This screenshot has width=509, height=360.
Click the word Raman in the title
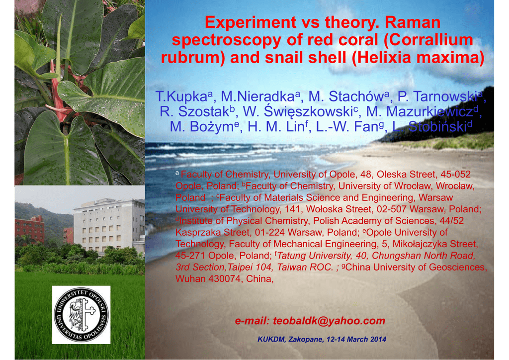pos(413,23)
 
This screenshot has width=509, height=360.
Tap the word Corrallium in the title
pos(431,40)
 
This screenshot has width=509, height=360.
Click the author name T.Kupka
pos(181,96)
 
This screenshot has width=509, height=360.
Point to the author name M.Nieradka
pos(258,96)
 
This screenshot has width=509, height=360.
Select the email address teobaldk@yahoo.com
pos(329,321)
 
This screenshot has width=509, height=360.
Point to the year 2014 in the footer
pos(378,340)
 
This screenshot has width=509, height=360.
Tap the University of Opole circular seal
pos(81,315)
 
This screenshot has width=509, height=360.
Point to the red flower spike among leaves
pos(58,94)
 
